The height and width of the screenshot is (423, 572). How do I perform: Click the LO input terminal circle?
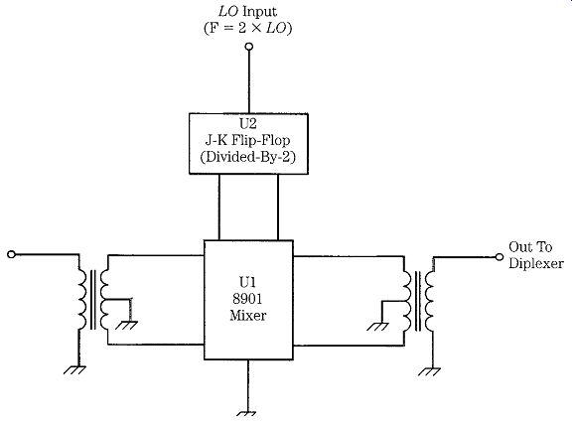point(249,47)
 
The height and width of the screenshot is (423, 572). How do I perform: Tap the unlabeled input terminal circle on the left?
point(11,254)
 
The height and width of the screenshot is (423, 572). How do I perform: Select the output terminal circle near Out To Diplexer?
point(500,257)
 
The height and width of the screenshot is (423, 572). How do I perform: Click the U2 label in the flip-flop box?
point(248,124)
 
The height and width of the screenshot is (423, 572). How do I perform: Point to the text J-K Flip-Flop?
point(247,140)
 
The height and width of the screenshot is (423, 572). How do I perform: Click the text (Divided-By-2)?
point(247,157)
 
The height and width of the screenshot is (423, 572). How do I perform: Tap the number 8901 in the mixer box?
point(247,299)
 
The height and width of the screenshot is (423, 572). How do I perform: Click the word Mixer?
point(248,315)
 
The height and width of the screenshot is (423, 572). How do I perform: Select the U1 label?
point(247,282)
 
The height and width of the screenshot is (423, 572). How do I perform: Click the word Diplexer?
point(536,263)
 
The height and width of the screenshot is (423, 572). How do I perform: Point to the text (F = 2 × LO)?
point(248,28)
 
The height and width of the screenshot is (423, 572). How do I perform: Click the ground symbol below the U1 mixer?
point(246,414)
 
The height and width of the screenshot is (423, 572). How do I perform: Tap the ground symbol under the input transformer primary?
point(74,369)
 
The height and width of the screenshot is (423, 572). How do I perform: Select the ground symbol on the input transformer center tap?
point(126,325)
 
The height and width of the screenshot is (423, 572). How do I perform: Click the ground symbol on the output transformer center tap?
point(377,327)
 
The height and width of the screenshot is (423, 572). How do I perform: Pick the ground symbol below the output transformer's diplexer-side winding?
point(429,371)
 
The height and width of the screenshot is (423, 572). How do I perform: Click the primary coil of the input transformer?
point(82,300)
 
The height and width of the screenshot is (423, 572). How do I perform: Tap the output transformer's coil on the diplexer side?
point(430,301)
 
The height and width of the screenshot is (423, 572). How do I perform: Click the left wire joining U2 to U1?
point(219,208)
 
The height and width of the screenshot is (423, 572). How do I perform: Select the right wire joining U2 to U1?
point(278,208)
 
